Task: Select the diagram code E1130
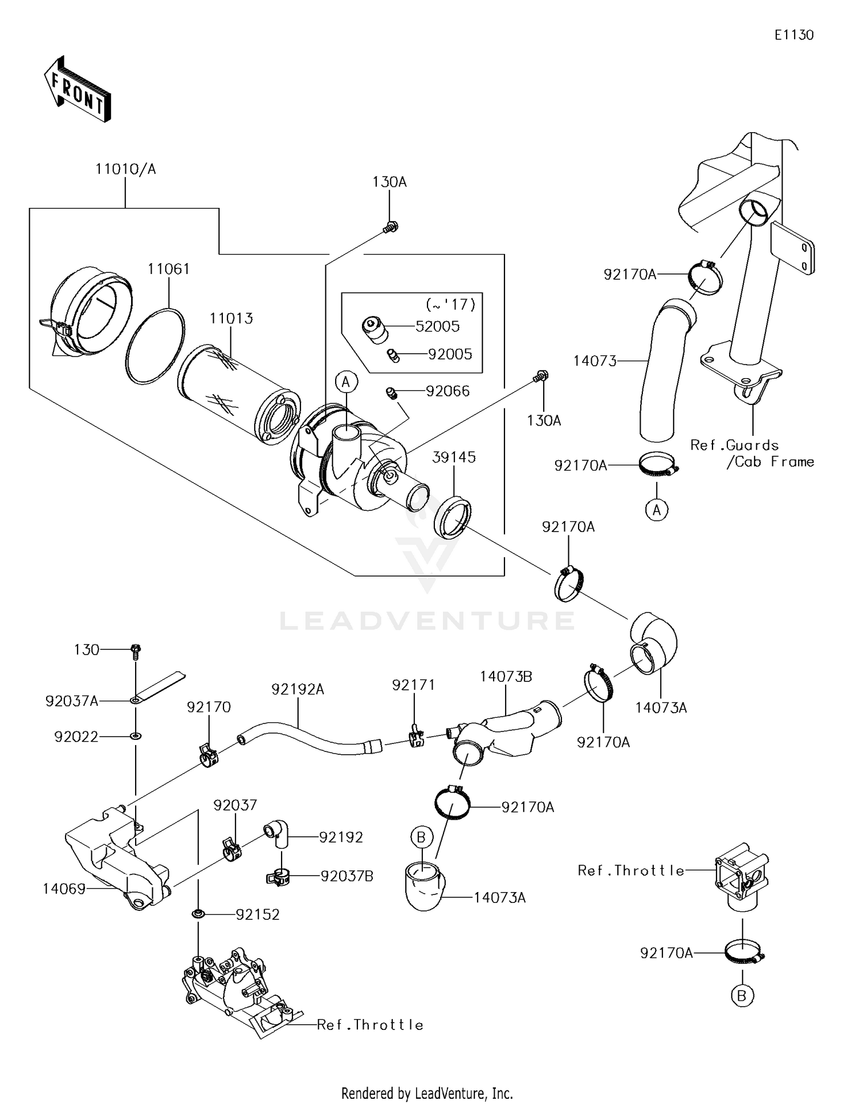coord(793,35)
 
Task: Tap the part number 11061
coord(169,269)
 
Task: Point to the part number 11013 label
coord(231,318)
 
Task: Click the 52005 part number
coord(438,326)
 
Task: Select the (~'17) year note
coord(450,305)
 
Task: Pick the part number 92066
coord(447,391)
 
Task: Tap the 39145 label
coord(454,457)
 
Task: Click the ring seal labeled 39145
coord(453,517)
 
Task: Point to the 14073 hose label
coord(595,361)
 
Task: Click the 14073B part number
coord(506,676)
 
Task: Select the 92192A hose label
coord(298,689)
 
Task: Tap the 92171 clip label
coord(413,685)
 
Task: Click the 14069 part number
coord(64,888)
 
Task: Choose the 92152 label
coord(258,914)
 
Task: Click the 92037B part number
coord(347,876)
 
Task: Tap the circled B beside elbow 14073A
coord(421,837)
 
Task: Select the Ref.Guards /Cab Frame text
coord(751,453)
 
